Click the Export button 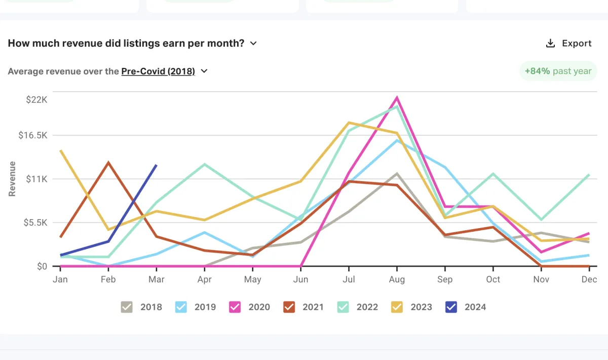click(x=568, y=44)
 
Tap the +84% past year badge click(x=558, y=71)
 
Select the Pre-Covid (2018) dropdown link click(x=158, y=71)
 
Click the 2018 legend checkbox click(x=127, y=307)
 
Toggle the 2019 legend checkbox click(x=181, y=307)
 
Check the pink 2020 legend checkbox click(x=235, y=307)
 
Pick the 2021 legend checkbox click(x=289, y=307)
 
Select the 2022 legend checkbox click(x=344, y=307)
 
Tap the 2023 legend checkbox click(x=397, y=307)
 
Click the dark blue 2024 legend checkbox click(x=451, y=307)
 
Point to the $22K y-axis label click(x=36, y=99)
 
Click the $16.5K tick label click(x=33, y=135)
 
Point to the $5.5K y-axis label click(x=35, y=223)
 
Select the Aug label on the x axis click(x=397, y=279)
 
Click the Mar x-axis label click(x=157, y=279)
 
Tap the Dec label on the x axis click(x=589, y=279)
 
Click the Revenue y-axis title click(x=13, y=179)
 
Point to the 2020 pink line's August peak click(x=397, y=97)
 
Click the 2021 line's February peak click(x=108, y=163)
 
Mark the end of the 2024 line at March click(x=156, y=165)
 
